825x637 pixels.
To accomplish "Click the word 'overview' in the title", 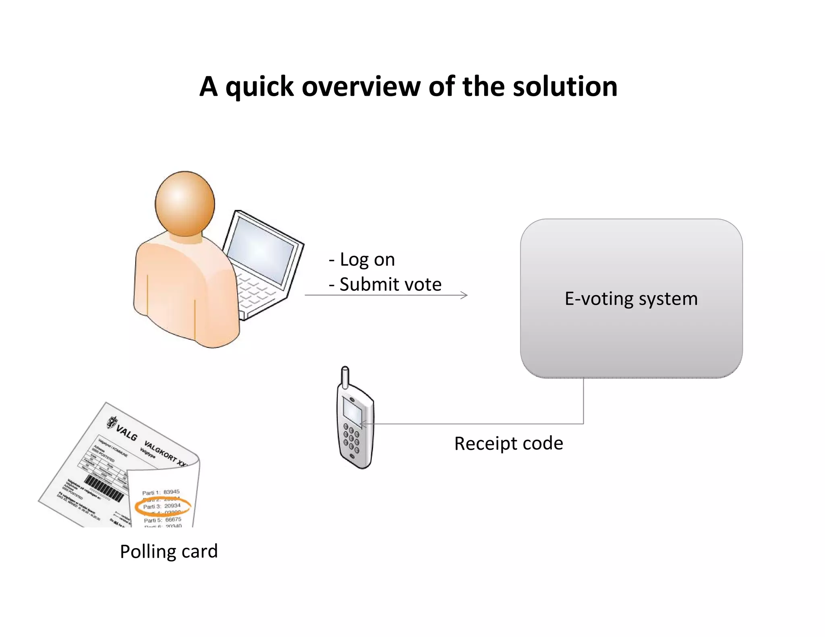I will (x=361, y=87).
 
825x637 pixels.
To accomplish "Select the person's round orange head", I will (x=185, y=204).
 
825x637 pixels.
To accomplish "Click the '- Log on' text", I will (x=362, y=259).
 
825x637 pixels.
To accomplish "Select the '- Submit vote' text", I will (x=385, y=284).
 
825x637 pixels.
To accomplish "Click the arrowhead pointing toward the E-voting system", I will (x=464, y=295).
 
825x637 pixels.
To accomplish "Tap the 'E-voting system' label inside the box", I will (x=631, y=298).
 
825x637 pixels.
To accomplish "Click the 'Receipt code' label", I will (x=508, y=443).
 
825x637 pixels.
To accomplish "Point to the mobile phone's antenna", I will (x=345, y=376).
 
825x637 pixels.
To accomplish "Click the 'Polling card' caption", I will (x=168, y=551).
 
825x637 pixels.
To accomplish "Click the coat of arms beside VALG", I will (x=112, y=422).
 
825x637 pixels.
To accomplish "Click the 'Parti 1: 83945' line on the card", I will (x=161, y=492).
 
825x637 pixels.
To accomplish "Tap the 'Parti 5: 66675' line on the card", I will (x=162, y=520).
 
